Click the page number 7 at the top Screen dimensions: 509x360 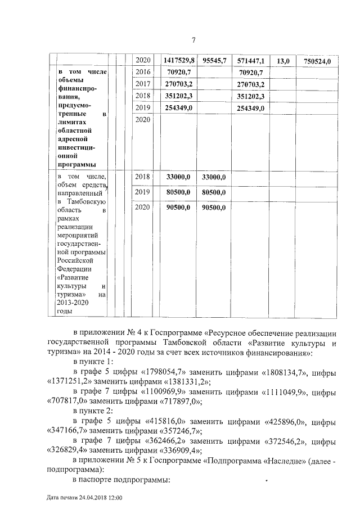pos(193,40)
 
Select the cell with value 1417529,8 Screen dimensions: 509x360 pos(179,60)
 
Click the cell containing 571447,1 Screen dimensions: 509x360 pos(251,60)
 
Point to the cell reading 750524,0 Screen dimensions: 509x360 pos(317,61)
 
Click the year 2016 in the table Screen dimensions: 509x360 pos(143,72)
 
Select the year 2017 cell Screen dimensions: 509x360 pos(143,84)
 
